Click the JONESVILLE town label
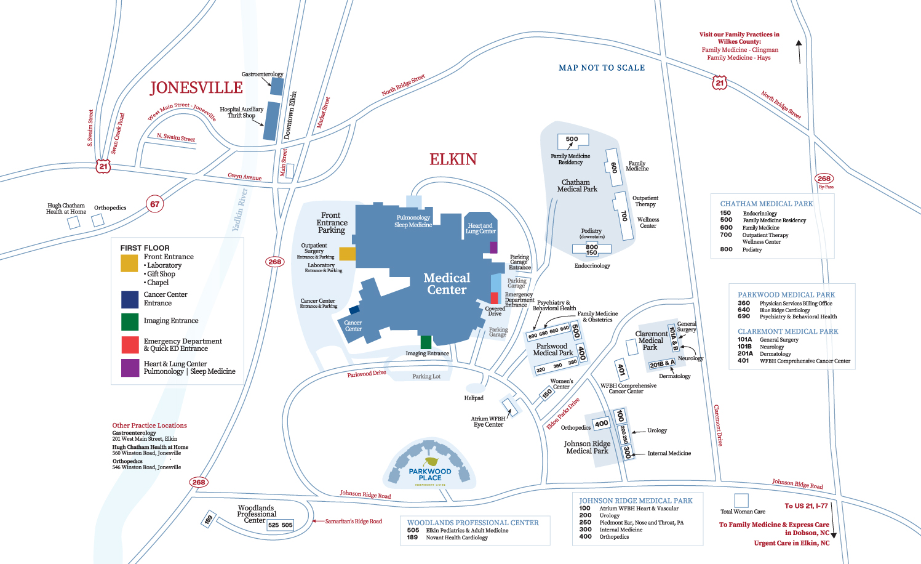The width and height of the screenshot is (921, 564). click(196, 88)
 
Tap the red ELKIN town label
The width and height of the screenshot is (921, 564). click(453, 159)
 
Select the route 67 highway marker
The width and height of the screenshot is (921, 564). click(154, 204)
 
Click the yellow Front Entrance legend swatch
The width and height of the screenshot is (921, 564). click(129, 263)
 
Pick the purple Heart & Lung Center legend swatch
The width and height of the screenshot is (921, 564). click(130, 368)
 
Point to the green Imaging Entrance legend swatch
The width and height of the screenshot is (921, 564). click(130, 321)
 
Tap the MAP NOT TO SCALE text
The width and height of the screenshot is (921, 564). click(602, 68)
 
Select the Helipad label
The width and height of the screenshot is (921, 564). click(474, 398)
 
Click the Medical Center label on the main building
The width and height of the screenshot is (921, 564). click(447, 284)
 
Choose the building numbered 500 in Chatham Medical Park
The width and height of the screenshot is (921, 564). click(572, 140)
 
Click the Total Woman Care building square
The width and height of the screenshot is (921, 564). click(741, 500)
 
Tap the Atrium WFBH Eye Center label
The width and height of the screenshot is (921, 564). click(488, 422)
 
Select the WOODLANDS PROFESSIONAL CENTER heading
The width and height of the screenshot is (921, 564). click(472, 523)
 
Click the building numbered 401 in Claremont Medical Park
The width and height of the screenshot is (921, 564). click(621, 370)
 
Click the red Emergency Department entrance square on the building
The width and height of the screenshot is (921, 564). click(494, 298)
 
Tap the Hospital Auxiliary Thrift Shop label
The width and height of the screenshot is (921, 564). click(241, 112)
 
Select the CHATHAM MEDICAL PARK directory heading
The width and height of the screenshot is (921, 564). click(766, 204)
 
